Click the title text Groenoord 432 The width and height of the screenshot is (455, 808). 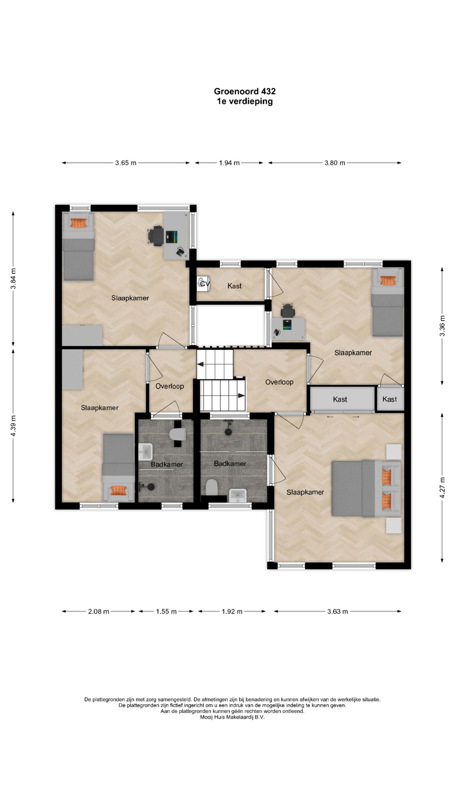[245, 91]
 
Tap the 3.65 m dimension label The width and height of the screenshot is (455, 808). [126, 163]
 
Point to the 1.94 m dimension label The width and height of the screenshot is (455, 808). [229, 163]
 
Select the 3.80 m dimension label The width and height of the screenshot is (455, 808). [335, 163]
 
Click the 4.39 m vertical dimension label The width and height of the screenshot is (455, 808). [13, 426]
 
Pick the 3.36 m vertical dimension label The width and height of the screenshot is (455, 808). [442, 326]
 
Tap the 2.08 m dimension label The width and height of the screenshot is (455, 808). [99, 611]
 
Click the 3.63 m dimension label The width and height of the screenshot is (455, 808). [337, 611]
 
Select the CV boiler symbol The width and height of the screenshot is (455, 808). [203, 283]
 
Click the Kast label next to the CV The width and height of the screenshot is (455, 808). [235, 286]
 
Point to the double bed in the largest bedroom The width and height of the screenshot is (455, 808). [366, 488]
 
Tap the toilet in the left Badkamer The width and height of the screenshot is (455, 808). [177, 434]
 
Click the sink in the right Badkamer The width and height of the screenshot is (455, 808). [238, 495]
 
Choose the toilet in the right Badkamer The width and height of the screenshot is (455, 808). [211, 487]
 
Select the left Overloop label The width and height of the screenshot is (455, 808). [170, 386]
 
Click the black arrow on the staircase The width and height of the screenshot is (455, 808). [241, 396]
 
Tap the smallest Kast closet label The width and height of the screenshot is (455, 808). [390, 399]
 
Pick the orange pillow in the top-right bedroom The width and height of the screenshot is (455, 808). [387, 281]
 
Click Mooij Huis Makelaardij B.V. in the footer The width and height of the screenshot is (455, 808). [232, 717]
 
